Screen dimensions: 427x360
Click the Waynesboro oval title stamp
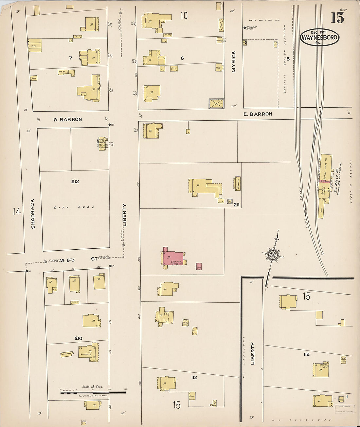point(319,37)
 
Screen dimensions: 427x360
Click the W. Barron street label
point(68,120)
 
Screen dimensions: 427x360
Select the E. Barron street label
point(258,114)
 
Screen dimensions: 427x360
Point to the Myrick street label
point(234,61)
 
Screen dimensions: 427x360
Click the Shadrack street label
point(33,214)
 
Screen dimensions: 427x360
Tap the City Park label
point(74,207)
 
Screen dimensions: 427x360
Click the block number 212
point(75,181)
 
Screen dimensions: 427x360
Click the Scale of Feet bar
point(93,392)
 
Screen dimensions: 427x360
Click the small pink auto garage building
point(199,266)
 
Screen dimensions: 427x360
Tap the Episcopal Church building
point(102,143)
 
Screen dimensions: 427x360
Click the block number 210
point(78,338)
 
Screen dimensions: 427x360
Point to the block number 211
point(237,205)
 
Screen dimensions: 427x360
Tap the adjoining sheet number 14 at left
point(17,211)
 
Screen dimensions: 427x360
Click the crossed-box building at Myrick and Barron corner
point(216,103)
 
